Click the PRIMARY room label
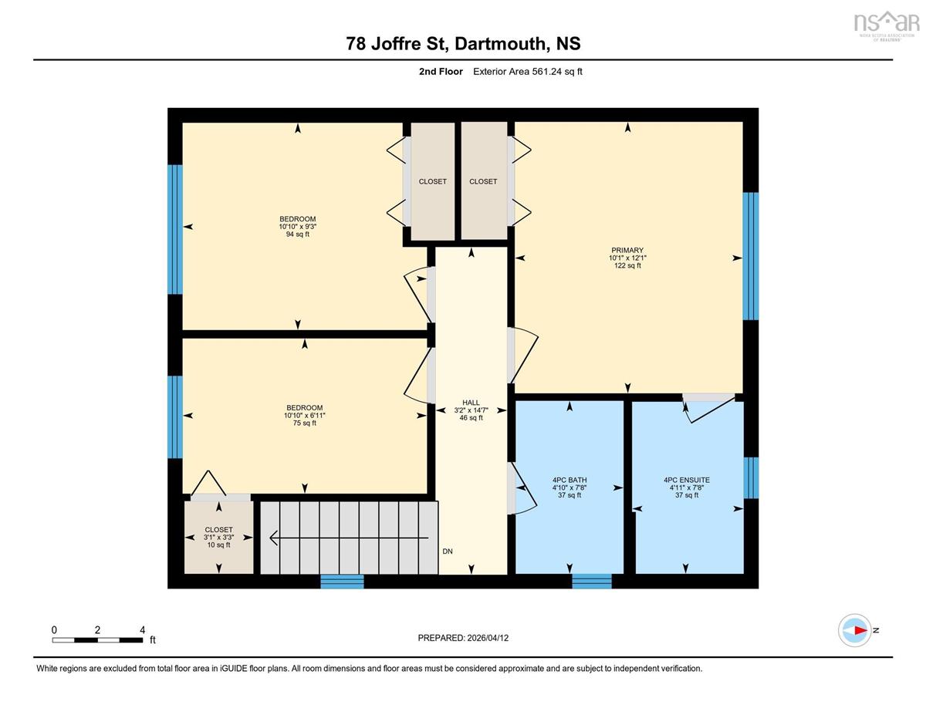tap(627, 250)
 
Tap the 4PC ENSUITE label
tap(687, 480)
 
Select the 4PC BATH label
tap(569, 480)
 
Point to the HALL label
tap(471, 403)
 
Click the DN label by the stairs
tap(448, 551)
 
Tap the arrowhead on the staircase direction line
tap(274, 538)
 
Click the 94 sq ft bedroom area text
tap(297, 234)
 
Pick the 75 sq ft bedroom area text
tap(304, 423)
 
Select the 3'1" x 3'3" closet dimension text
tap(218, 538)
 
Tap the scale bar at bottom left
tap(97, 640)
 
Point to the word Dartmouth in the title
tap(499, 44)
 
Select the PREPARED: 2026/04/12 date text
tap(463, 638)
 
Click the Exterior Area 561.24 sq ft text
tap(528, 72)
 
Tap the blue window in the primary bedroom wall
tap(750, 256)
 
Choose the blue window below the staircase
tap(342, 582)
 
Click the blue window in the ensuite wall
tap(751, 477)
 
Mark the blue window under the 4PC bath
tap(591, 582)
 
